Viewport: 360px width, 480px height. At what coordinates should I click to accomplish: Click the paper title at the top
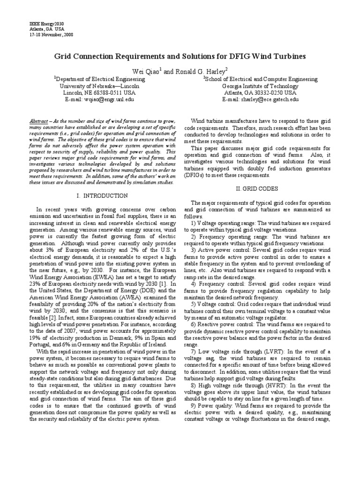point(180,56)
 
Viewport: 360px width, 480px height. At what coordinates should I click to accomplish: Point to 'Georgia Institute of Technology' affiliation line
point(260,86)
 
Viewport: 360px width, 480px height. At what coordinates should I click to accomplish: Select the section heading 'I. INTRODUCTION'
point(102,195)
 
